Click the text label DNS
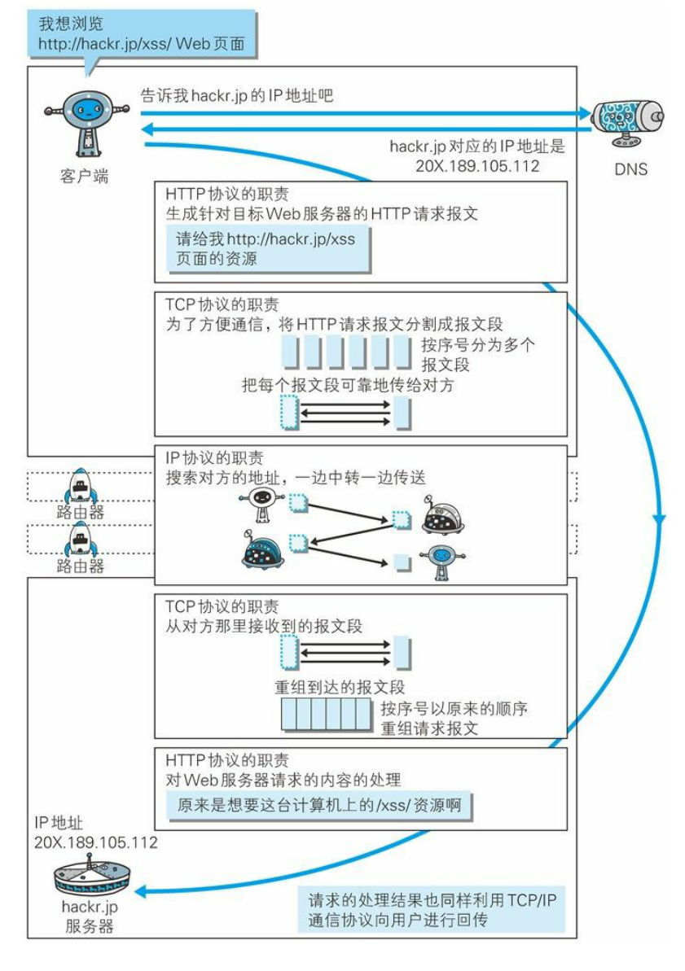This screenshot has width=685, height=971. pyautogui.click(x=631, y=170)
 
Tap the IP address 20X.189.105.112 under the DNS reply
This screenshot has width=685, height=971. pyautogui.click(x=478, y=165)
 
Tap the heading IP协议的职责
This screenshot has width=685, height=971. pyautogui.click(x=213, y=458)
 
